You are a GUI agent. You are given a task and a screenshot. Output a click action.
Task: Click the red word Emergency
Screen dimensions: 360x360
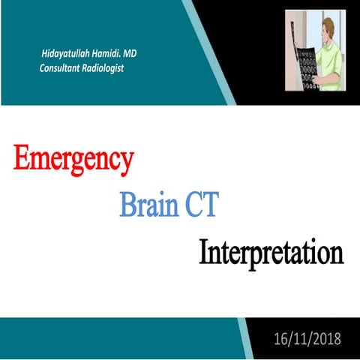(73, 159)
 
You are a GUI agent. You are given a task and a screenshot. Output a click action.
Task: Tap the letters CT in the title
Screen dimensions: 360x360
(198, 205)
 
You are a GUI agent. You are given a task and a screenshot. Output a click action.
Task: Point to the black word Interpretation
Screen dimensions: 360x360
(271, 252)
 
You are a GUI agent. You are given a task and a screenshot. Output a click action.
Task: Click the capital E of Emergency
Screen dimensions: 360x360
(22, 159)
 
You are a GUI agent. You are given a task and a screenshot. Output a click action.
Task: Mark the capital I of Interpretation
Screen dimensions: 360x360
(203, 252)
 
